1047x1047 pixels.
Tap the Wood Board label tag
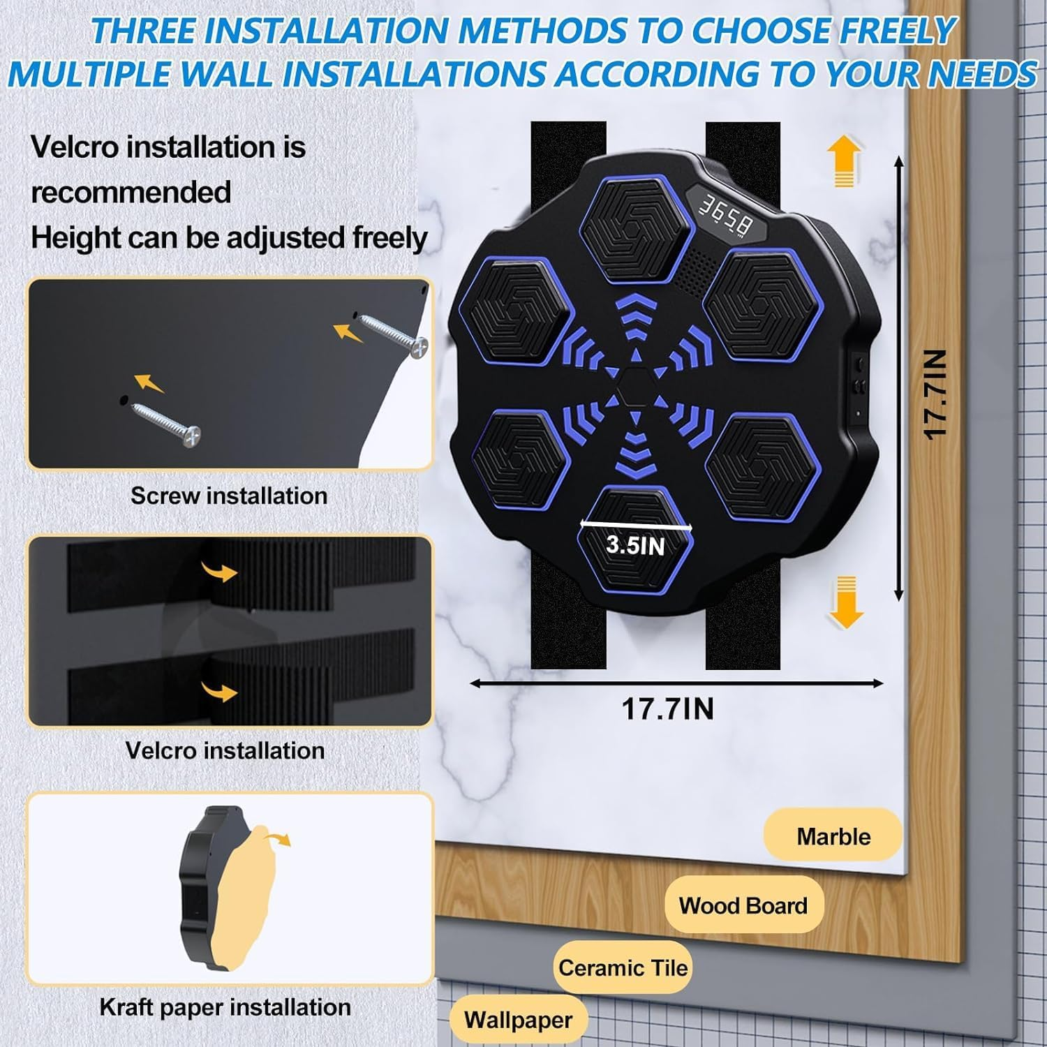click(x=743, y=905)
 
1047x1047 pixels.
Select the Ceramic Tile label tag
click(x=623, y=967)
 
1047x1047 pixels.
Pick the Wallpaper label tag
click(x=518, y=1020)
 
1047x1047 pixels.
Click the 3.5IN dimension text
click(x=635, y=544)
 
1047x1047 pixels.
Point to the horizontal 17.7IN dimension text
click(x=668, y=709)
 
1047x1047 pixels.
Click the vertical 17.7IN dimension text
click(x=935, y=394)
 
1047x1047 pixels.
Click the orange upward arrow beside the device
click(x=845, y=161)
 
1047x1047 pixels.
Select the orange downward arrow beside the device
click(x=846, y=602)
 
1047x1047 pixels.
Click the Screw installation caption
click(x=229, y=496)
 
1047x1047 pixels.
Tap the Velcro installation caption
click(x=225, y=750)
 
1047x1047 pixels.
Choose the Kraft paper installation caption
click(x=225, y=1007)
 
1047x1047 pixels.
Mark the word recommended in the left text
click(x=131, y=192)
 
